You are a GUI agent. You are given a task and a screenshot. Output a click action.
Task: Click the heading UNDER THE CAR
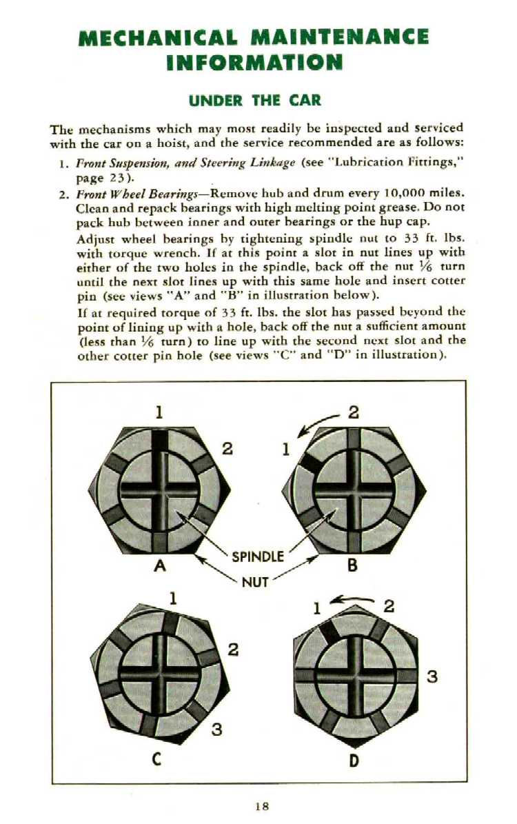255,100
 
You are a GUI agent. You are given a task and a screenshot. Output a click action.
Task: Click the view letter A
161,566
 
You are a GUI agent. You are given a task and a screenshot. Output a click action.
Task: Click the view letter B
352,566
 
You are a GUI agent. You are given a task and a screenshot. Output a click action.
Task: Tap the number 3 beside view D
432,676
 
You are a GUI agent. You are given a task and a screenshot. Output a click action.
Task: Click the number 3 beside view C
216,729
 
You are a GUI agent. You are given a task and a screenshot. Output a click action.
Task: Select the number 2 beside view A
226,449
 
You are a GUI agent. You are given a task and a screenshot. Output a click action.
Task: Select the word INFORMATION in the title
254,63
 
